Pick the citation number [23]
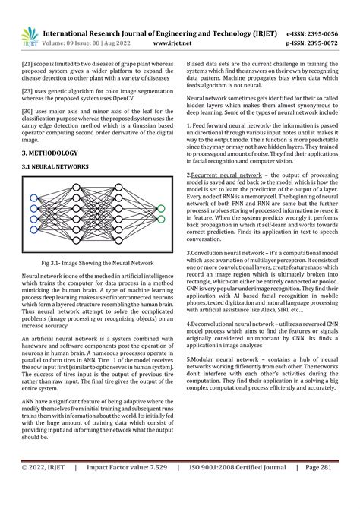click(x=27, y=91)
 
